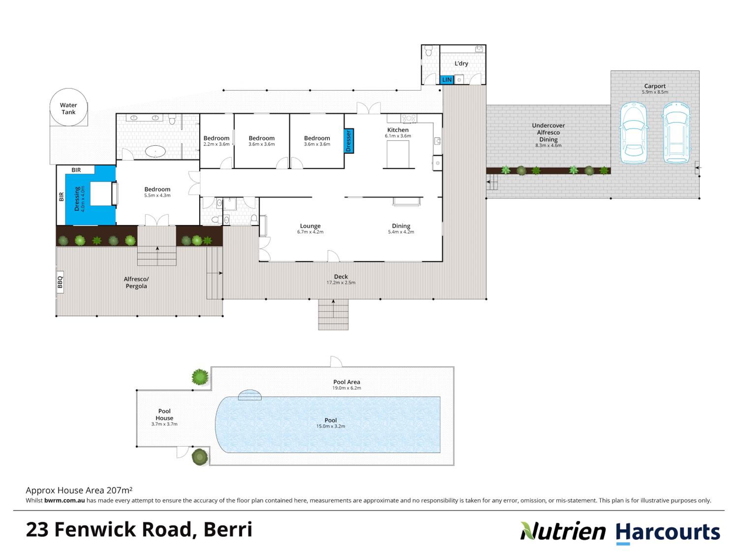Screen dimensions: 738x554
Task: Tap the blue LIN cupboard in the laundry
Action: (x=447, y=80)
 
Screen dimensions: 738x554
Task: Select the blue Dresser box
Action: (x=349, y=141)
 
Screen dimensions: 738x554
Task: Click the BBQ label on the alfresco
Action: (x=60, y=282)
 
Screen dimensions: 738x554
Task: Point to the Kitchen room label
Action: (x=398, y=130)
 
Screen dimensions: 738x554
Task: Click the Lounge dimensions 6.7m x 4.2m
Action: (x=310, y=232)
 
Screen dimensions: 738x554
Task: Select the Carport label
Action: (x=655, y=86)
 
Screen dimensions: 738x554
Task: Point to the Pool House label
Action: (x=164, y=414)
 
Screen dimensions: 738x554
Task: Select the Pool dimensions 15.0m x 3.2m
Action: (x=331, y=426)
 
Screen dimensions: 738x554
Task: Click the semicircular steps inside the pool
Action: (x=249, y=395)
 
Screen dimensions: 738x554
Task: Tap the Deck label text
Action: (x=341, y=277)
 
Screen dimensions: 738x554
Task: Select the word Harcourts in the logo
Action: (x=668, y=532)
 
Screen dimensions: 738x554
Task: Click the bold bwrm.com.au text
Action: (x=65, y=500)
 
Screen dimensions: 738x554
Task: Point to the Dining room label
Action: (x=401, y=226)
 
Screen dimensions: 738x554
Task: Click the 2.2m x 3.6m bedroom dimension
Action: (x=216, y=144)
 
